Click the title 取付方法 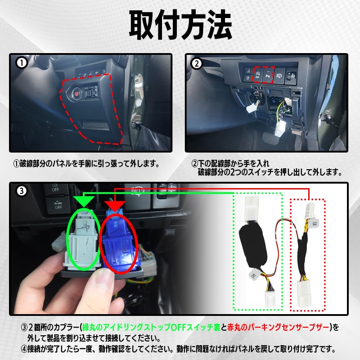[x=180, y=25]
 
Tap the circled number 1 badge [x=20, y=63]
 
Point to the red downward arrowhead [x=116, y=203]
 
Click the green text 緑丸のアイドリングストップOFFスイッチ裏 [x=152, y=326]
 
